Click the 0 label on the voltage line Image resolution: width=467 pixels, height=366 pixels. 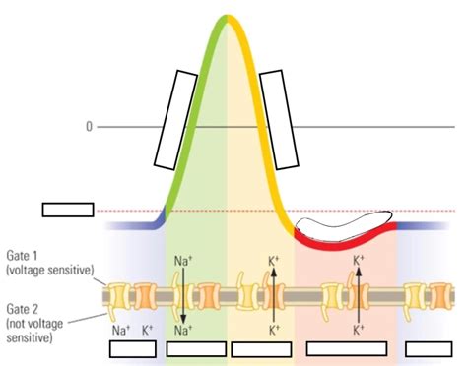coord(89,127)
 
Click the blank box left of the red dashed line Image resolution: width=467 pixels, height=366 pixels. coord(68,210)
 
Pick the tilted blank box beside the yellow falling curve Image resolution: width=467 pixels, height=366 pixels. coord(280,118)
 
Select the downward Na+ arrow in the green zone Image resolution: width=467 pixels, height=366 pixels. coord(183,295)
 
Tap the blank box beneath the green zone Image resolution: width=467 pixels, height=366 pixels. coord(196,348)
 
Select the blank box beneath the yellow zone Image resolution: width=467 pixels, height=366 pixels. coord(260,349)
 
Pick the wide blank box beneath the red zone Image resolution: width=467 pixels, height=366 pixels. coord(347,348)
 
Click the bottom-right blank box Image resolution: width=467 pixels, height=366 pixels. coord(430,348)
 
